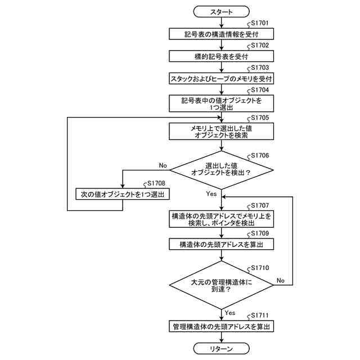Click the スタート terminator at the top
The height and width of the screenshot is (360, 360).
(x=221, y=11)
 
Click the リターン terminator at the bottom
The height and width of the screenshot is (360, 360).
(x=221, y=349)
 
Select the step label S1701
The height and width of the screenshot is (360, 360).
(x=260, y=23)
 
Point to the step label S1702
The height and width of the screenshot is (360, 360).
(x=260, y=45)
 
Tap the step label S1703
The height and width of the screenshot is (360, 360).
(x=260, y=67)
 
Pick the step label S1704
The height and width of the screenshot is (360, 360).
(x=260, y=90)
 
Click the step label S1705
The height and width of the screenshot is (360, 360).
(x=260, y=118)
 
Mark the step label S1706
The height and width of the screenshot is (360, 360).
(x=260, y=155)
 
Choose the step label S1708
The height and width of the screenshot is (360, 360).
(x=156, y=183)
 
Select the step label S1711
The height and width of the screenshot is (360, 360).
(x=260, y=316)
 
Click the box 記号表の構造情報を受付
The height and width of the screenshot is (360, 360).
(x=221, y=34)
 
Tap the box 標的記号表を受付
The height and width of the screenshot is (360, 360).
(x=221, y=56)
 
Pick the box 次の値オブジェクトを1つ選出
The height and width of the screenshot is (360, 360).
(x=123, y=194)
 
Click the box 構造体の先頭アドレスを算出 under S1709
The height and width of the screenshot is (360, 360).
(x=221, y=244)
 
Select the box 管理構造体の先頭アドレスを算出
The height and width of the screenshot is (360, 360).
(x=221, y=326)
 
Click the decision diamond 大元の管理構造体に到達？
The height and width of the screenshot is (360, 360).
(x=221, y=285)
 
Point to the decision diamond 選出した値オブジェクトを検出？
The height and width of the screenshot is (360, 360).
(x=221, y=170)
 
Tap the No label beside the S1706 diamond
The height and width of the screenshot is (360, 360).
(x=163, y=165)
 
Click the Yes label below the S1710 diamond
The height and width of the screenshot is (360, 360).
(x=230, y=313)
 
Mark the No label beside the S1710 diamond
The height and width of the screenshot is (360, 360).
(x=281, y=280)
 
